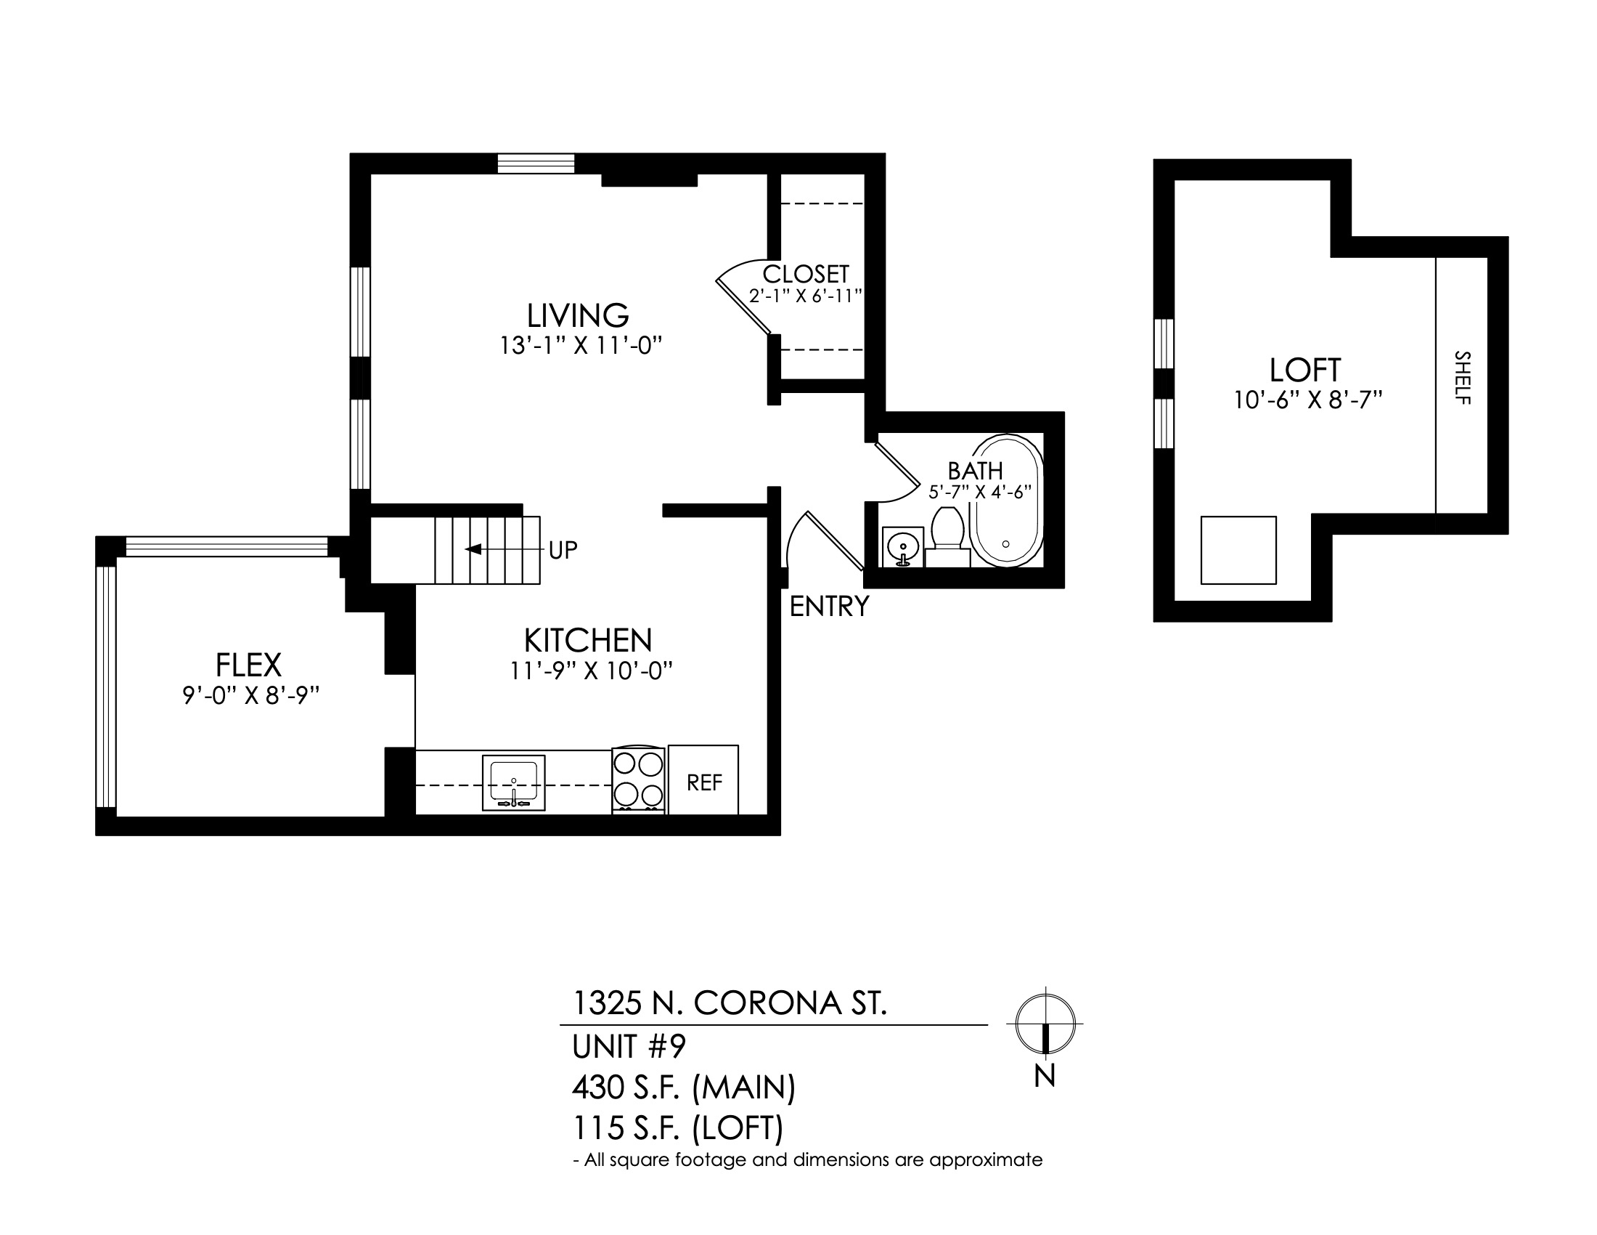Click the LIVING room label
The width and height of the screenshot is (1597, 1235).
578,315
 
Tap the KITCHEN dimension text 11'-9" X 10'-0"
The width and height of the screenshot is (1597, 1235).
591,671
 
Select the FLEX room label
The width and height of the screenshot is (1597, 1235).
248,665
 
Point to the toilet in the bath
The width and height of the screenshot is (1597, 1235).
947,536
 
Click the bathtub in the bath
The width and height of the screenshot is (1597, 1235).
1007,501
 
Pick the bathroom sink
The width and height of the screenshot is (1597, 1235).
903,546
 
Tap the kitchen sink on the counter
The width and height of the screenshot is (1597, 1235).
513,783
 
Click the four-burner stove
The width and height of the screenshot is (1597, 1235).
638,781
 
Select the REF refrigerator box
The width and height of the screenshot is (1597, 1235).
703,780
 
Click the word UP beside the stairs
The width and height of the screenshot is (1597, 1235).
563,550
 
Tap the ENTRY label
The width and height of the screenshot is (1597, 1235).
829,606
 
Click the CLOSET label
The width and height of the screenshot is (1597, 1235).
805,275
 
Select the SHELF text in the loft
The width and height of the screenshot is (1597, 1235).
1463,378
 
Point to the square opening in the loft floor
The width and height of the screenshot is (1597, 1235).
1238,550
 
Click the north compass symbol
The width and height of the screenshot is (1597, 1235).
1045,1023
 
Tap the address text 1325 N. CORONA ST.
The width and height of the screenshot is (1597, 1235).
729,1003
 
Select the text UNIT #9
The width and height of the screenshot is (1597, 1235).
629,1047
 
